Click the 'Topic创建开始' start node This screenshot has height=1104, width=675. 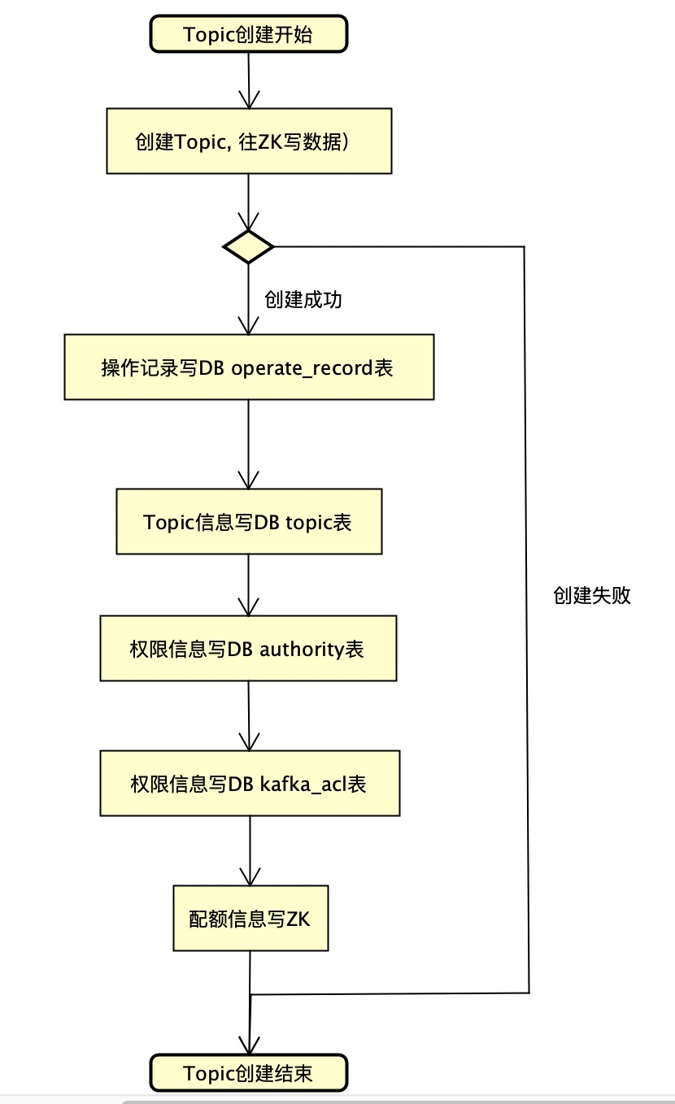248,35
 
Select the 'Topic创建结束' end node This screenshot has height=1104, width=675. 248,1073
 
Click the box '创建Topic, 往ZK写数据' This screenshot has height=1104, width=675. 249,141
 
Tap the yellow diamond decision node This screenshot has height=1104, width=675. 248,246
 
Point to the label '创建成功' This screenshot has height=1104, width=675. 303,299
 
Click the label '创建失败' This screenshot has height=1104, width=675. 592,595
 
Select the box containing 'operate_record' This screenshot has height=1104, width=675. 249,367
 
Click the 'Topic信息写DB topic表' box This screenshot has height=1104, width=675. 249,521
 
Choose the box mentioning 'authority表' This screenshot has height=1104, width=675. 248,648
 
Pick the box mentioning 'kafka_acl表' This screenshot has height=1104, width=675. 250,783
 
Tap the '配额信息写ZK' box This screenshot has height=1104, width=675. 250,918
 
